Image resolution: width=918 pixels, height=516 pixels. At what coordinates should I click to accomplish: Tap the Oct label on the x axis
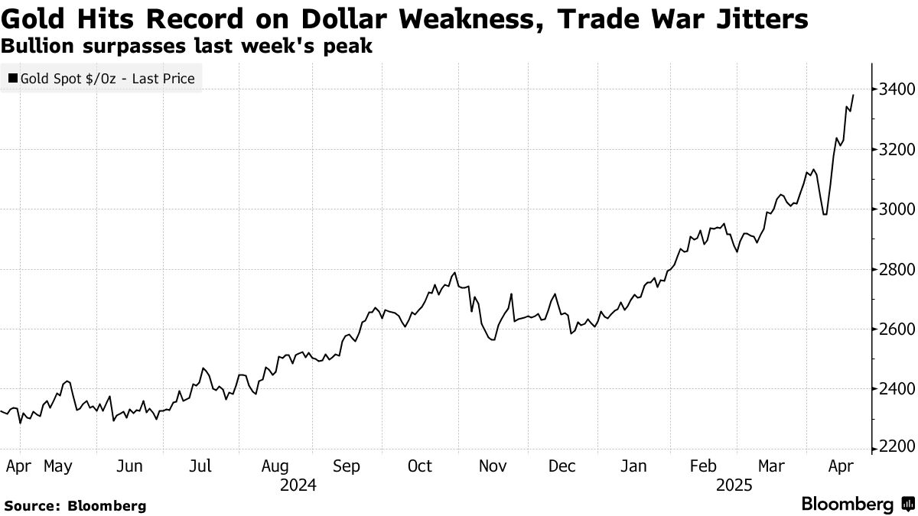420,466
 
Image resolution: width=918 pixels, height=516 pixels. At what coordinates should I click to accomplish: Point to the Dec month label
563,466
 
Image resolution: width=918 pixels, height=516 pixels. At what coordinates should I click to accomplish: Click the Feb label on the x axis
702,466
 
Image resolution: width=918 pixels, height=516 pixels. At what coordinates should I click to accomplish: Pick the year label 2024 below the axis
298,485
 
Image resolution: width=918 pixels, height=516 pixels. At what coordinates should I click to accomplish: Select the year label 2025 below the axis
734,485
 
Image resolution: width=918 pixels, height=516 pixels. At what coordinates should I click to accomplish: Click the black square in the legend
12,78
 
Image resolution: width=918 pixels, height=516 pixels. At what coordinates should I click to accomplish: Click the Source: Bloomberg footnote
74,505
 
